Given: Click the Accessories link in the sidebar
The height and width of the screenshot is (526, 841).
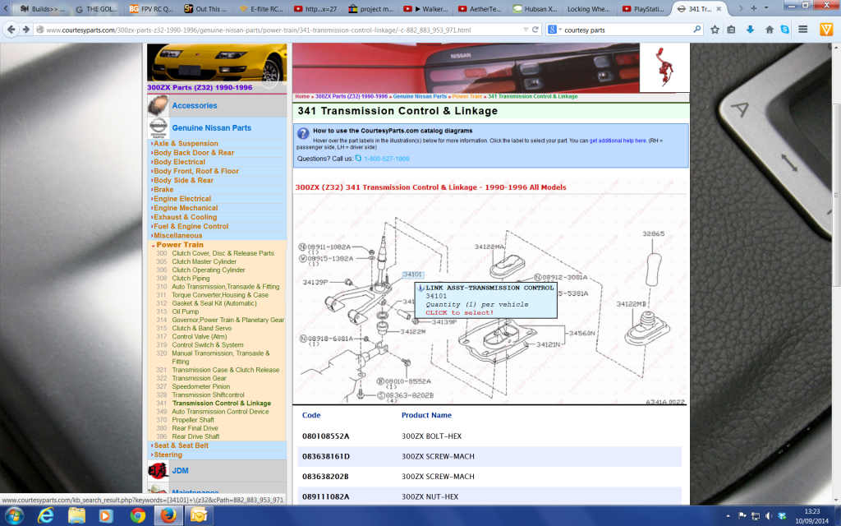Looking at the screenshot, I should (195, 106).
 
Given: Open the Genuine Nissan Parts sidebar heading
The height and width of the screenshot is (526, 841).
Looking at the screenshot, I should (211, 128).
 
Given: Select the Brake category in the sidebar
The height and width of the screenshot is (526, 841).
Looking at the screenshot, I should (164, 190).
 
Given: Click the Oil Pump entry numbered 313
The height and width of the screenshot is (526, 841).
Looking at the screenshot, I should (185, 311).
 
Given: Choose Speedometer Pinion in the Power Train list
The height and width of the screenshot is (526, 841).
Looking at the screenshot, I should (200, 386).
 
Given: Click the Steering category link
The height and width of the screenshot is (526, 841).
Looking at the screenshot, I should (168, 454).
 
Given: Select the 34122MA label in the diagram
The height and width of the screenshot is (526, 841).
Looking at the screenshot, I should (490, 246).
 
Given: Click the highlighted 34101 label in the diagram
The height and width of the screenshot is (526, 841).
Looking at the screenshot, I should (412, 275).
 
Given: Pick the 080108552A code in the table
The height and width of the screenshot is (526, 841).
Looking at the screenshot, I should (325, 436).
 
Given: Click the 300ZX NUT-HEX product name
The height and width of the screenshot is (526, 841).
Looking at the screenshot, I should (430, 496).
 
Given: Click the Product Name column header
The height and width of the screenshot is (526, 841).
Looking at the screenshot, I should (426, 415).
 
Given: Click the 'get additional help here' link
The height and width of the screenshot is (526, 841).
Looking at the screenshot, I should (618, 141).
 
